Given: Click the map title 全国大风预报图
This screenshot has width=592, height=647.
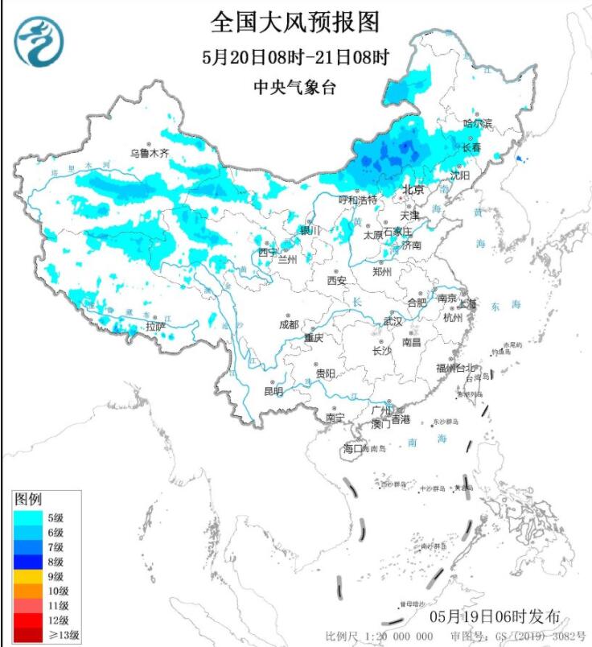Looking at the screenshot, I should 295,23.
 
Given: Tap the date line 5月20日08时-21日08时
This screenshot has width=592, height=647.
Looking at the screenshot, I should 295,58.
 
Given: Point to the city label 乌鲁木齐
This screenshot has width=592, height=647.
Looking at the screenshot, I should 150,153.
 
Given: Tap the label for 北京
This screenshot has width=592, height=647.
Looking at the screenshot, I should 413,190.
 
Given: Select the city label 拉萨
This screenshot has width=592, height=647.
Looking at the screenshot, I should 155,327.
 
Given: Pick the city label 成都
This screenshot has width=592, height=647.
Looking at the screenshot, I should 288,324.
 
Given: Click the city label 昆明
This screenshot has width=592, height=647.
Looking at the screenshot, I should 273,391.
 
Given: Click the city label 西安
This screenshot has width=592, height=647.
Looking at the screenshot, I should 336,281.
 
